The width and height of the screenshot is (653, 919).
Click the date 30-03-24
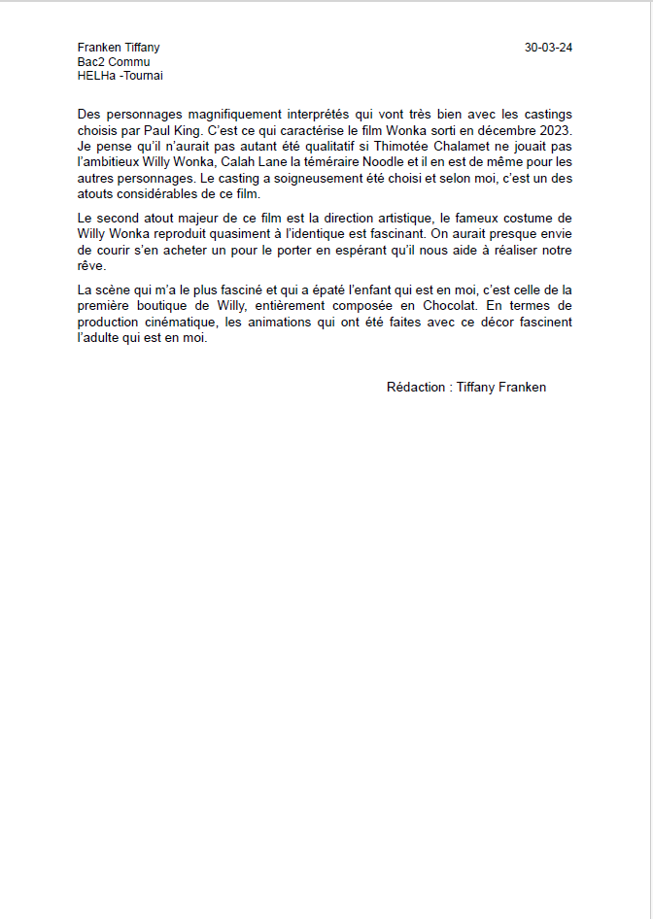(548, 48)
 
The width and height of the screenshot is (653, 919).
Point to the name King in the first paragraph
(190, 129)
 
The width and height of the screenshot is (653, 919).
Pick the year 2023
(555, 129)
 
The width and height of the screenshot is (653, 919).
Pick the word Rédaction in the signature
(416, 387)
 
